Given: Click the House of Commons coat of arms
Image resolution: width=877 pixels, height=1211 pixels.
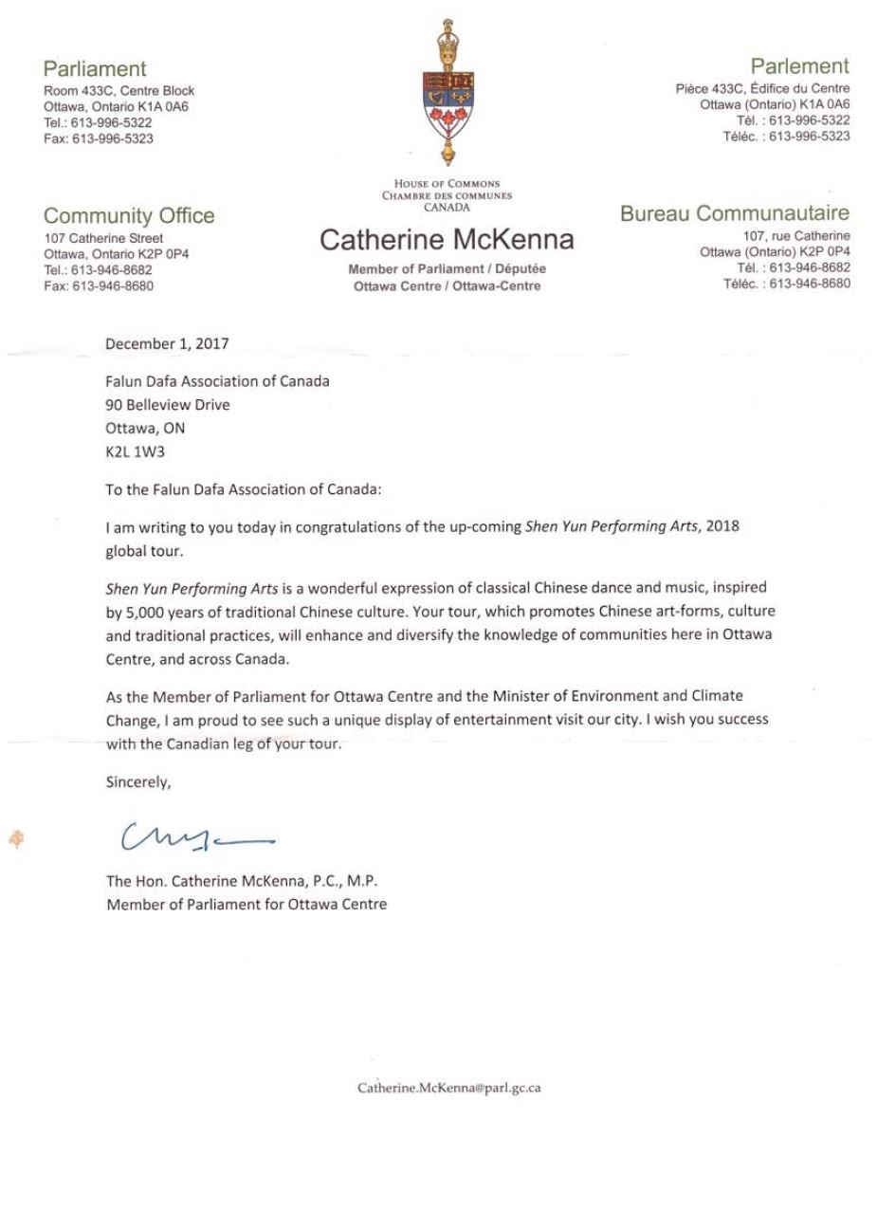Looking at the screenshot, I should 447,95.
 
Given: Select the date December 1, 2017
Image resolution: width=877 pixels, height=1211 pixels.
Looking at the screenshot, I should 167,343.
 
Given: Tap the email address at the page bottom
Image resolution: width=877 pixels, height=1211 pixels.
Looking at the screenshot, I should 448,1088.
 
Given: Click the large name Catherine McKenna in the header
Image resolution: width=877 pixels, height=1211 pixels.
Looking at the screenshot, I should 447,240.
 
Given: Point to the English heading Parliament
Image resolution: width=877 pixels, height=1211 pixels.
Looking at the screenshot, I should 95,68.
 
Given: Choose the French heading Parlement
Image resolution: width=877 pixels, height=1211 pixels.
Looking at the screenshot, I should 799,66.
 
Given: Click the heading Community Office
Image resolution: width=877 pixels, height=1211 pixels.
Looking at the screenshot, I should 129,215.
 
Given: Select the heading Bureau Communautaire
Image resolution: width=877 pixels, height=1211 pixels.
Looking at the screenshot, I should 735,213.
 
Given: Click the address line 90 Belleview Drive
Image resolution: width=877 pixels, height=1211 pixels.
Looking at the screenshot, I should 168,405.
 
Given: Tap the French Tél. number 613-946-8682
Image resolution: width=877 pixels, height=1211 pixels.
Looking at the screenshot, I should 809,267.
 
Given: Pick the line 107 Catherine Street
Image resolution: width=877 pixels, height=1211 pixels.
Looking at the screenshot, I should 103,238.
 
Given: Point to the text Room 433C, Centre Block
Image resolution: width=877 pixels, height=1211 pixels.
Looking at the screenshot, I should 119,91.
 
